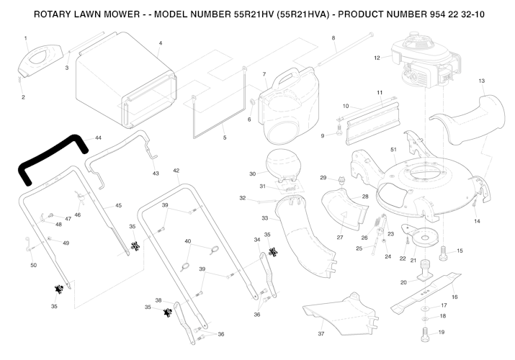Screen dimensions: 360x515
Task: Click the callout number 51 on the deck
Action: [393, 150]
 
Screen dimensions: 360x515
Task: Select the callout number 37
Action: [321, 334]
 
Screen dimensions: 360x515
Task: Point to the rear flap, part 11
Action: [372, 119]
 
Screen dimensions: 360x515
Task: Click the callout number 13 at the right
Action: [482, 81]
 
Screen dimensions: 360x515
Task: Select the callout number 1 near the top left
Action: [25, 37]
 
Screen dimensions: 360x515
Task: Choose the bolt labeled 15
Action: [442, 252]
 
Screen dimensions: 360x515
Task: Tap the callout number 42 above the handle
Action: [176, 171]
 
